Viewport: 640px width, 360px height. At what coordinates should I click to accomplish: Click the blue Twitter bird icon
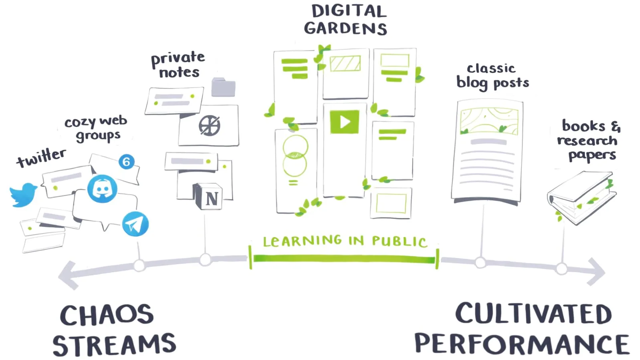pyautogui.click(x=23, y=195)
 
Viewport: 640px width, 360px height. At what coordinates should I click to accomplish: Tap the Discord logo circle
pyautogui.click(x=103, y=189)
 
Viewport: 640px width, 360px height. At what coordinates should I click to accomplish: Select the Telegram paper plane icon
pyautogui.click(x=135, y=224)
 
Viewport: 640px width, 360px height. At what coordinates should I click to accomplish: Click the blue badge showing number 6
pyautogui.click(x=127, y=161)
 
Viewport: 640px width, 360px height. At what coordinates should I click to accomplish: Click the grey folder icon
pyautogui.click(x=223, y=87)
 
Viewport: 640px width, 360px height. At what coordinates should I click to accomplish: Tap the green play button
pyautogui.click(x=344, y=122)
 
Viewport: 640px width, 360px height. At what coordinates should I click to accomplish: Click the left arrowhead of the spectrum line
pyautogui.click(x=67, y=275)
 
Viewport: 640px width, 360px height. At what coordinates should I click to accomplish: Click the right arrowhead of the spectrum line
pyautogui.click(x=596, y=272)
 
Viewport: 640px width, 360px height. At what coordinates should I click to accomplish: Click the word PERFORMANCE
pyautogui.click(x=522, y=344)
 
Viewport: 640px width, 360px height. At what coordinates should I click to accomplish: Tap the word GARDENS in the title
pyautogui.click(x=345, y=29)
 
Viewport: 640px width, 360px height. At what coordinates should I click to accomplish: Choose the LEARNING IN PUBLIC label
pyautogui.click(x=345, y=241)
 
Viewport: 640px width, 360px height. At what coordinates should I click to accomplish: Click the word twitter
pyautogui.click(x=41, y=158)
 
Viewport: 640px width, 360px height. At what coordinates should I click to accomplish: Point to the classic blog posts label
pyautogui.click(x=493, y=76)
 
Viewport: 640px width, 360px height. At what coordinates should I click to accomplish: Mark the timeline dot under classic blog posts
pyautogui.click(x=480, y=263)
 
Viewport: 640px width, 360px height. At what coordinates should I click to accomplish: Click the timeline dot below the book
pyautogui.click(x=562, y=269)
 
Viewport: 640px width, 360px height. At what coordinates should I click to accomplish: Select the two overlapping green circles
pyautogui.click(x=295, y=156)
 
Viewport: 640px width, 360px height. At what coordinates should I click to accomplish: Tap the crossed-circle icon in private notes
pyautogui.click(x=209, y=126)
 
